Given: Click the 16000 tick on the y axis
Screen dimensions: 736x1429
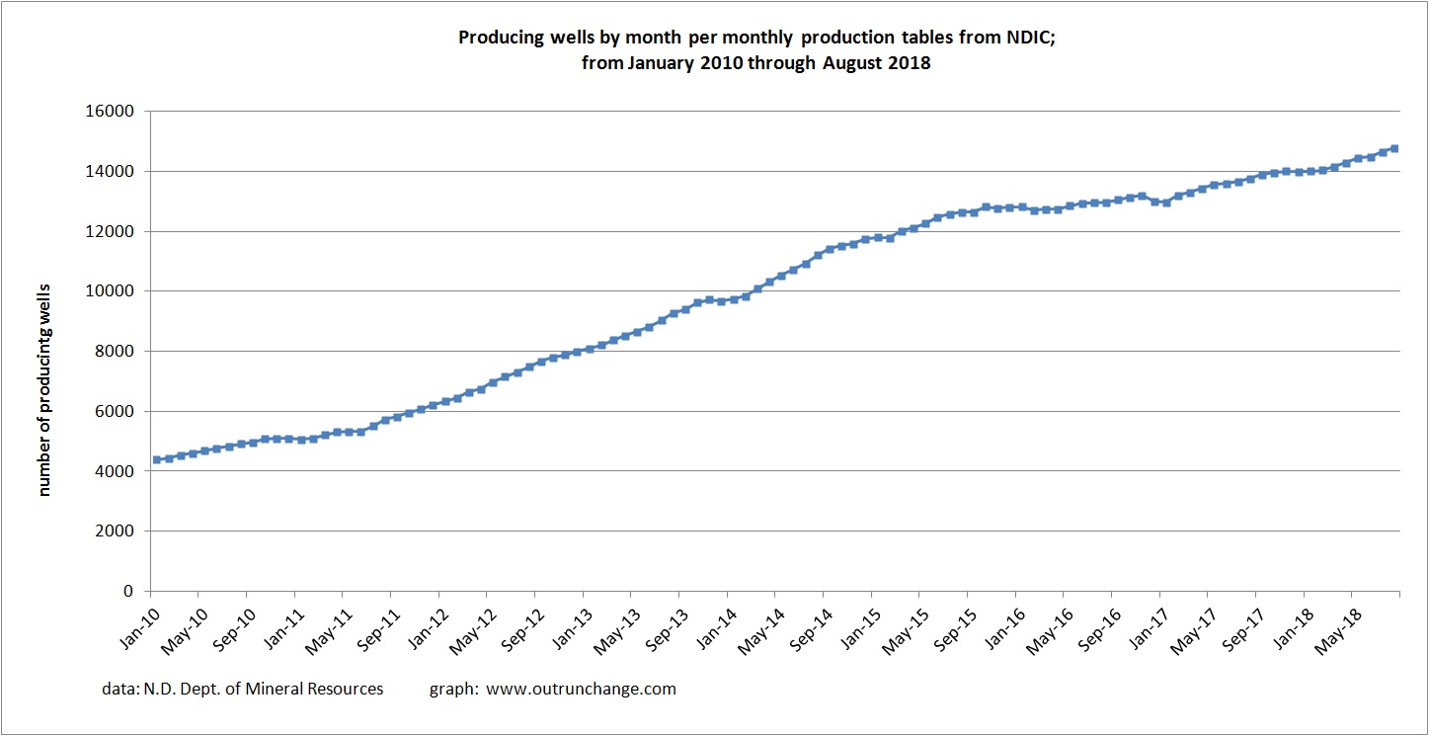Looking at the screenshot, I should (x=112, y=112).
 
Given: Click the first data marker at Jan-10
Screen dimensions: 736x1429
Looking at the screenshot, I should (x=157, y=459).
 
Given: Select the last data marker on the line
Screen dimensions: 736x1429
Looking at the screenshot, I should (x=1394, y=148).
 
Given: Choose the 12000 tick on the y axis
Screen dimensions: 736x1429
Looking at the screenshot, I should (x=112, y=231).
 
